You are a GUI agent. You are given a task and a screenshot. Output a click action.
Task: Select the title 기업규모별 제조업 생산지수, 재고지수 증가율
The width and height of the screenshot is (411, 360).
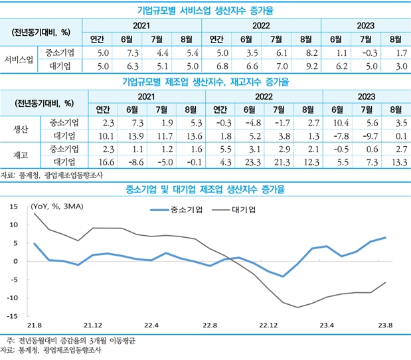click(205, 82)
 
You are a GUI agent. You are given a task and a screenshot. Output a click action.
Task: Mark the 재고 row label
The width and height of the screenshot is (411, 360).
click(19, 155)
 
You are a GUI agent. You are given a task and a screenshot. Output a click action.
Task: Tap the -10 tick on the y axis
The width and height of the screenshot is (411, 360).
click(13, 298)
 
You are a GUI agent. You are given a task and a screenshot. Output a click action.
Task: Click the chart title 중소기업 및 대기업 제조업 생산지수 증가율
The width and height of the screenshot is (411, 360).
click(205, 190)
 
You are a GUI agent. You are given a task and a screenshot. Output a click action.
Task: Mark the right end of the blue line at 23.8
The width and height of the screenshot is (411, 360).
click(386, 238)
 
